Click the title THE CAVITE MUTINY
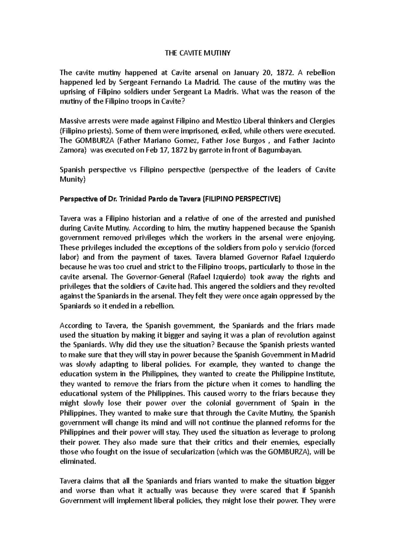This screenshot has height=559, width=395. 197,53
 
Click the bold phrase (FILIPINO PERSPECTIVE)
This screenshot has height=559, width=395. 241,199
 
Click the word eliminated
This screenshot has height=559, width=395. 78,462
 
